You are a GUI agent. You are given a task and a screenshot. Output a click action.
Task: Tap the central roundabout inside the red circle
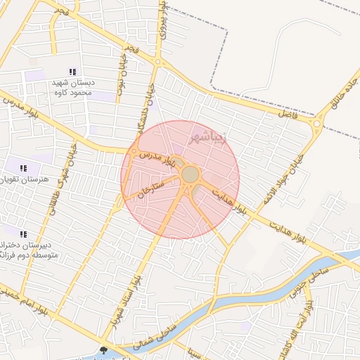click(189, 174)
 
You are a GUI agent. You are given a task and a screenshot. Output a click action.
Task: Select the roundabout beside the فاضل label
click(316, 125)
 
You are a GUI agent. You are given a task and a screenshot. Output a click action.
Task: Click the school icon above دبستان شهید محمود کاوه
click(72, 72)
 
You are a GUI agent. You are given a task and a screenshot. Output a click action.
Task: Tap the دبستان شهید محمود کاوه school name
click(73, 86)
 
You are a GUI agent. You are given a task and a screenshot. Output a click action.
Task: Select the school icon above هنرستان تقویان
click(23, 168)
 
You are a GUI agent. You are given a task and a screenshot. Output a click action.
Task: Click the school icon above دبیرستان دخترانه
click(23, 234)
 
